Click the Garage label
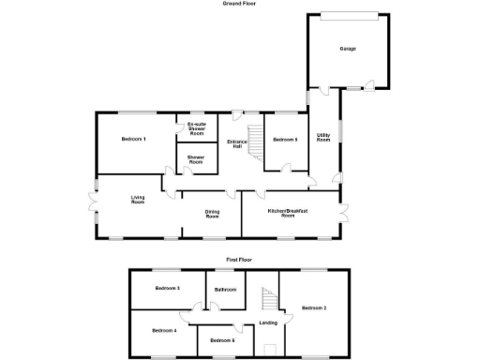[347, 49]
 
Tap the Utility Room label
[323, 137]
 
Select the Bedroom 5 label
[285, 140]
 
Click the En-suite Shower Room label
[196, 129]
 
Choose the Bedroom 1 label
[134, 140]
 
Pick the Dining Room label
[212, 214]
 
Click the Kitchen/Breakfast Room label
[289, 213]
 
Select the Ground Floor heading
[240, 4]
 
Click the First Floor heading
[240, 258]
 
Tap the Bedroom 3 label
[167, 288]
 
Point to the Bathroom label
[225, 290]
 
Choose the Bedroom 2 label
[313, 307]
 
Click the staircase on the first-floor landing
[267, 300]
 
